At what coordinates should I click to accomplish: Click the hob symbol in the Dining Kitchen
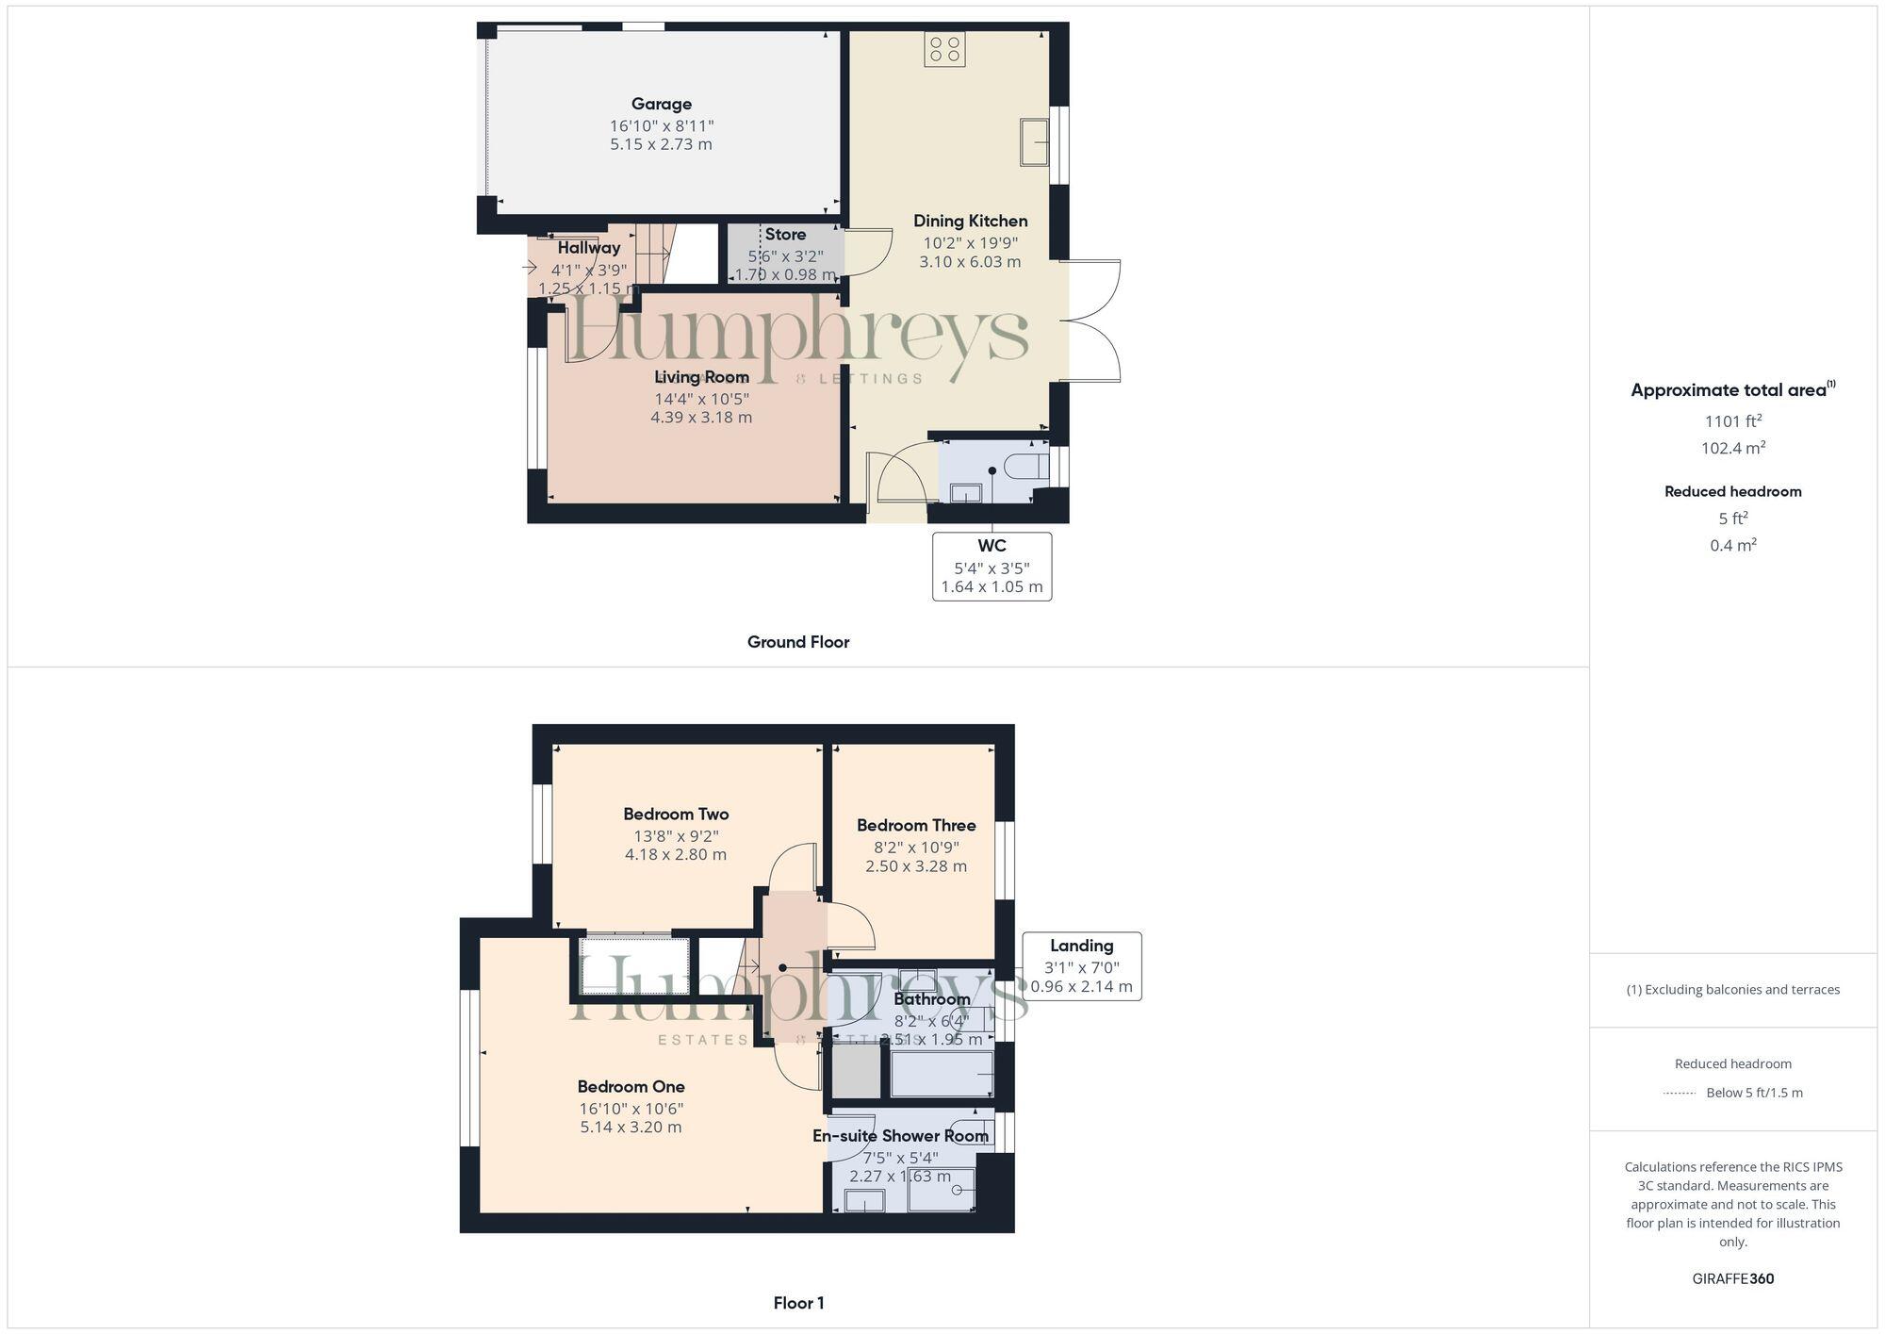tap(944, 49)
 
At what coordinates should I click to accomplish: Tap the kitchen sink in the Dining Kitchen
tap(1035, 141)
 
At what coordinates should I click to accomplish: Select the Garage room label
tap(661, 104)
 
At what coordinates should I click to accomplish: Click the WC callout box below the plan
tap(992, 566)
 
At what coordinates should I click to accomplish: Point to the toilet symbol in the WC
tap(1026, 466)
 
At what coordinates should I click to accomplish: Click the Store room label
tap(785, 235)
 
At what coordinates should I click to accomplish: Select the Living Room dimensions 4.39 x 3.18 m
tap(701, 417)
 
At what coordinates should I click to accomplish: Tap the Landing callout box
tap(1081, 965)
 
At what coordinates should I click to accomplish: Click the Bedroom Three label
tap(915, 825)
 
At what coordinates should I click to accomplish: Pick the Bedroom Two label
tap(676, 814)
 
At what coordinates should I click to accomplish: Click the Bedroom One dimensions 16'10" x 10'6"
tap(631, 1109)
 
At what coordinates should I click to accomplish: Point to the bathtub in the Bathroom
tap(941, 1075)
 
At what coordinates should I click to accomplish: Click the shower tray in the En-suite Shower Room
tap(941, 1191)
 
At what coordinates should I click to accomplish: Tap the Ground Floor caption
tap(797, 642)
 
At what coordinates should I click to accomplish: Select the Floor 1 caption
tap(798, 1303)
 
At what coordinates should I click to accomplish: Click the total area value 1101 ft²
tap(1732, 421)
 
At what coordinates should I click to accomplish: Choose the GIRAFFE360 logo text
tap(1732, 1278)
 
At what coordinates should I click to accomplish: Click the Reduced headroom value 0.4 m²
tap(1732, 545)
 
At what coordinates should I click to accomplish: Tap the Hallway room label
tap(588, 248)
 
